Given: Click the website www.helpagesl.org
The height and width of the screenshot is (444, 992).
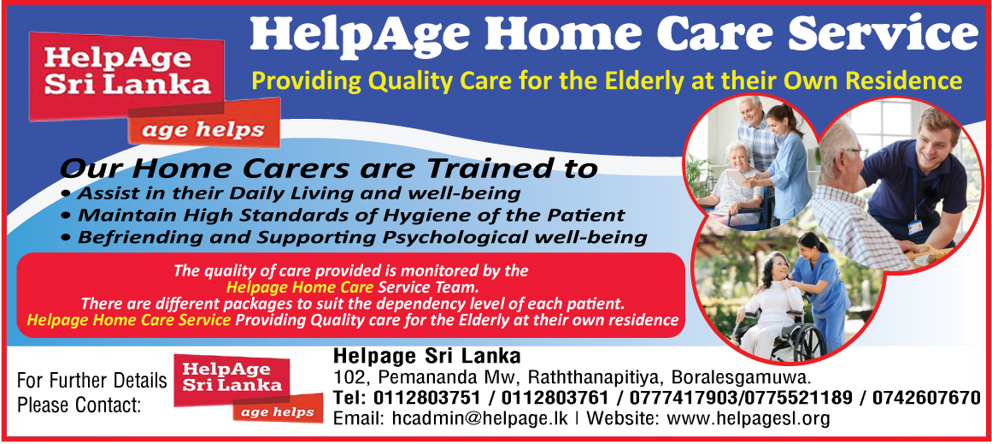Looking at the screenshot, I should click(x=748, y=419).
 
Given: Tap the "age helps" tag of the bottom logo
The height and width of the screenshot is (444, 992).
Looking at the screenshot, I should click(x=279, y=412).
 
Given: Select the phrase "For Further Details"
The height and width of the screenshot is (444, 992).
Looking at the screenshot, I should click(x=92, y=381).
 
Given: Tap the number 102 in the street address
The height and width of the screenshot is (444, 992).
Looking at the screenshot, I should click(x=346, y=377).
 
